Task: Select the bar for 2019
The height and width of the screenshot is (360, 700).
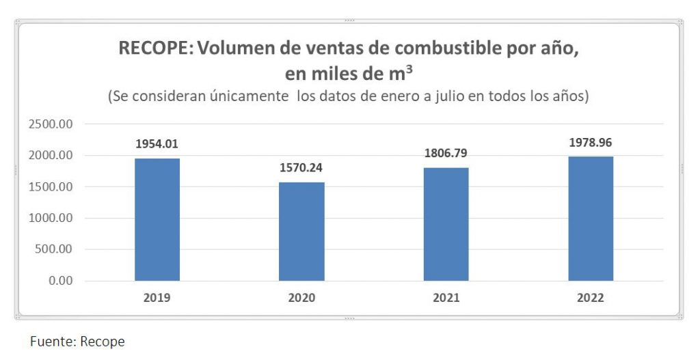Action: pyautogui.click(x=157, y=219)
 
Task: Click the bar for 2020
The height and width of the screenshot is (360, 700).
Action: pyautogui.click(x=301, y=231)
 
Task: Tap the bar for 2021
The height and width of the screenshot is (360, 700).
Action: pyautogui.click(x=446, y=224)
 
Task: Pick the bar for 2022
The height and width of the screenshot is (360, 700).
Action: pyautogui.click(x=591, y=219)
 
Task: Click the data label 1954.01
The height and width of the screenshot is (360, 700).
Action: pyautogui.click(x=157, y=144)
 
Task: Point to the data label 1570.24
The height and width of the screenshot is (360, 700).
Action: pyautogui.click(x=301, y=168)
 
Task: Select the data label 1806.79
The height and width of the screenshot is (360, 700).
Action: pyautogui.click(x=446, y=153)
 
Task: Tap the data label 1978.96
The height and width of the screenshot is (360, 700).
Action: pyautogui.click(x=591, y=143)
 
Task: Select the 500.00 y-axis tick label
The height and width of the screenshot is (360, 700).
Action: pyautogui.click(x=53, y=249)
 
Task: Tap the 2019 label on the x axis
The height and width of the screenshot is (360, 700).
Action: pyautogui.click(x=157, y=299)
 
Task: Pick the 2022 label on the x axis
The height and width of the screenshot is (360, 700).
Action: pyautogui.click(x=591, y=299)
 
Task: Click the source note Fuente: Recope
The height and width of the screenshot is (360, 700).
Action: pyautogui.click(x=77, y=341)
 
